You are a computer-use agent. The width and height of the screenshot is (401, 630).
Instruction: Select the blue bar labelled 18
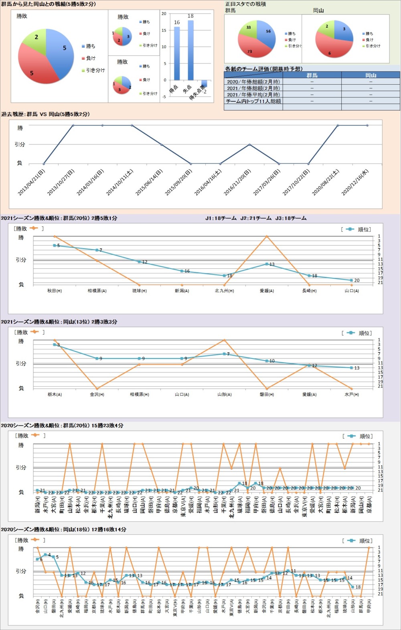click(x=190, y=50)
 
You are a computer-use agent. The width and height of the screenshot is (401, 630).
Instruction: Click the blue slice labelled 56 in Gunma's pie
click(x=266, y=36)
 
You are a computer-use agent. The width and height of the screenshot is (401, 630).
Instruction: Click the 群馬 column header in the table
click(x=312, y=75)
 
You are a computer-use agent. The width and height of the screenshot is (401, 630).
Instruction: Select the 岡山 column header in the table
click(x=371, y=75)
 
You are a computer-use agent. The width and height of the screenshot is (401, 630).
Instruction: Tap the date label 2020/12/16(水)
click(x=355, y=182)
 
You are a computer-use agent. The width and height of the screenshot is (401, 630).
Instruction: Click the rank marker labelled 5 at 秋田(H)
click(x=55, y=245)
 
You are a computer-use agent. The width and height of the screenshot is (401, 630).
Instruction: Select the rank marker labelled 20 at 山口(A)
click(x=352, y=280)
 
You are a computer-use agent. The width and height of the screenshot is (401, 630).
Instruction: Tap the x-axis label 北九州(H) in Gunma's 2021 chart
click(x=224, y=291)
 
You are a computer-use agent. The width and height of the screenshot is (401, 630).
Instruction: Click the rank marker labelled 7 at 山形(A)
click(x=224, y=354)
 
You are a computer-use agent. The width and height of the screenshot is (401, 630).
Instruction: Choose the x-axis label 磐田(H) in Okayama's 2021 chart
click(x=267, y=395)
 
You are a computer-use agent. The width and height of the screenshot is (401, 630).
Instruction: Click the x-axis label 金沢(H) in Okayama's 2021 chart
click(x=97, y=395)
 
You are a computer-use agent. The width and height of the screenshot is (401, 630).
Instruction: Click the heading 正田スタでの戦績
click(x=245, y=4)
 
